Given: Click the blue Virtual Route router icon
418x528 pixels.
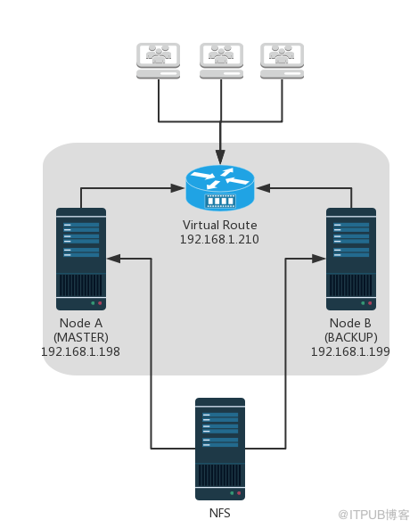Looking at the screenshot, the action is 220,187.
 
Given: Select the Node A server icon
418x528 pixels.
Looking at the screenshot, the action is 81,259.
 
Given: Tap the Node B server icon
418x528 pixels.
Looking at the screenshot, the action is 351,259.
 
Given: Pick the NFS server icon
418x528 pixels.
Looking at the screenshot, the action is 220,449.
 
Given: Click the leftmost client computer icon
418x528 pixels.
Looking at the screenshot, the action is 158,61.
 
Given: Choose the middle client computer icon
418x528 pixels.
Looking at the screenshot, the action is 221,61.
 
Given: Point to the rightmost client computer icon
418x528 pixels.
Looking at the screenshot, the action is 282,61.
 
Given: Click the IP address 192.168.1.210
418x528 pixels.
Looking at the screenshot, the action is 219,239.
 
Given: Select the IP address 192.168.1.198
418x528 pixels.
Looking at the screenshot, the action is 80,352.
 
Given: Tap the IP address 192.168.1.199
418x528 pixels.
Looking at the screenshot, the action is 350,352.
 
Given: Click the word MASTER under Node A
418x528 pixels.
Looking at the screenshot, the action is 81,337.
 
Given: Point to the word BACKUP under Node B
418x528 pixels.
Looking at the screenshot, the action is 351,337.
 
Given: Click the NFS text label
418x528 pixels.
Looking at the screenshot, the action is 220,513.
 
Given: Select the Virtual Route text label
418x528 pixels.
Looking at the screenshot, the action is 220,225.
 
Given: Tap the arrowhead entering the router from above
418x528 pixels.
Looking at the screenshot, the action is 220,157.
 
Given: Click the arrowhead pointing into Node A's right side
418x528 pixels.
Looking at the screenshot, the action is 114,259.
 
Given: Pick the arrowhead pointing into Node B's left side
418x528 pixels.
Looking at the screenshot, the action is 319,259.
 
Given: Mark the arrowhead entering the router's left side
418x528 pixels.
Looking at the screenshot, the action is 178,188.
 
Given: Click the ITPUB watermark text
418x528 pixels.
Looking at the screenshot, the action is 374,515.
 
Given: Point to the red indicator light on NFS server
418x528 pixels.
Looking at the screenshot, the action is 239,493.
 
